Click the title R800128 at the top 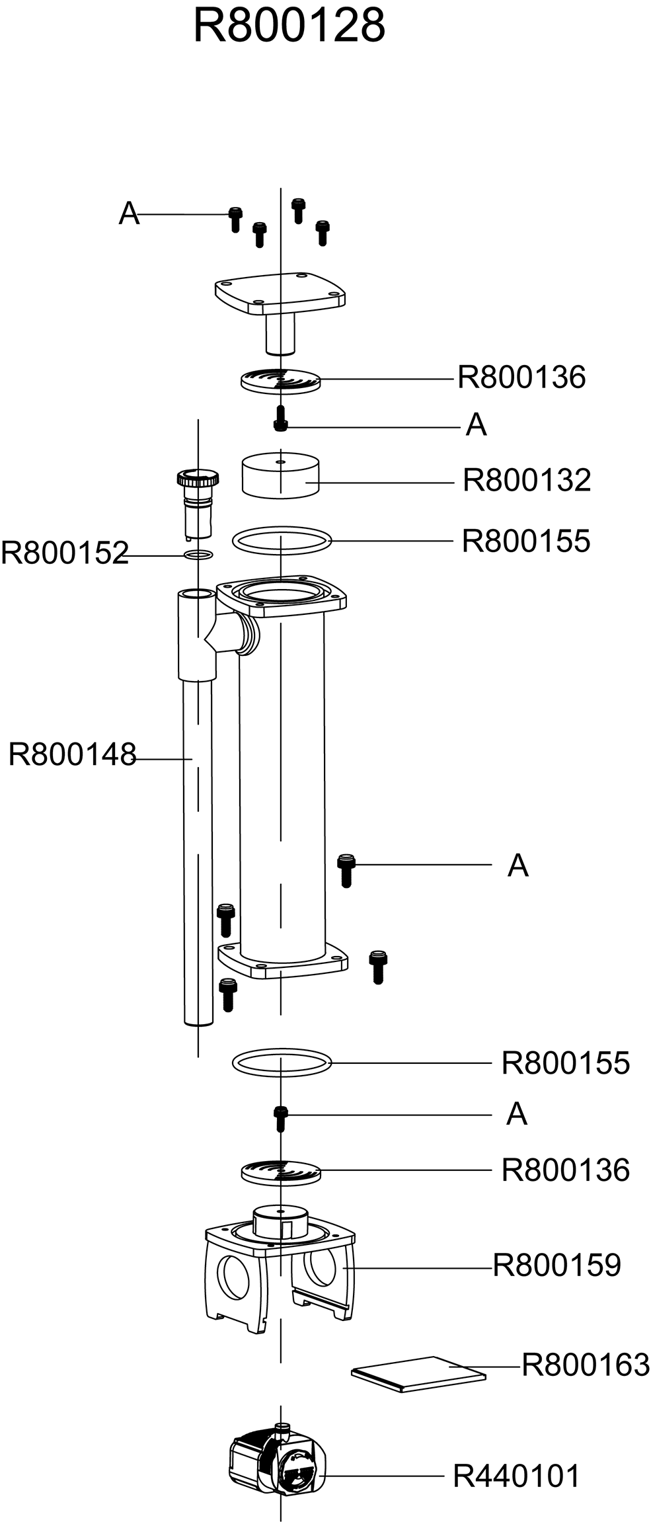pyautogui.click(x=289, y=26)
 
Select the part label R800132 pyautogui.click(x=526, y=481)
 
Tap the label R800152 pyautogui.click(x=64, y=553)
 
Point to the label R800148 pyautogui.click(x=72, y=754)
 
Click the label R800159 pyautogui.click(x=557, y=1265)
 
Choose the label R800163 pyautogui.click(x=586, y=1365)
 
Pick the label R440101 pyautogui.click(x=516, y=1476)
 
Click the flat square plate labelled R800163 pyautogui.click(x=418, y=1374)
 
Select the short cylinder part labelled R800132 pyautogui.click(x=280, y=475)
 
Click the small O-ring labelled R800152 pyautogui.click(x=198, y=554)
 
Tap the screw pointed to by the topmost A pyautogui.click(x=235, y=218)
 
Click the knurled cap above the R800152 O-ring pyautogui.click(x=197, y=477)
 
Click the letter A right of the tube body pyautogui.click(x=518, y=865)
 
